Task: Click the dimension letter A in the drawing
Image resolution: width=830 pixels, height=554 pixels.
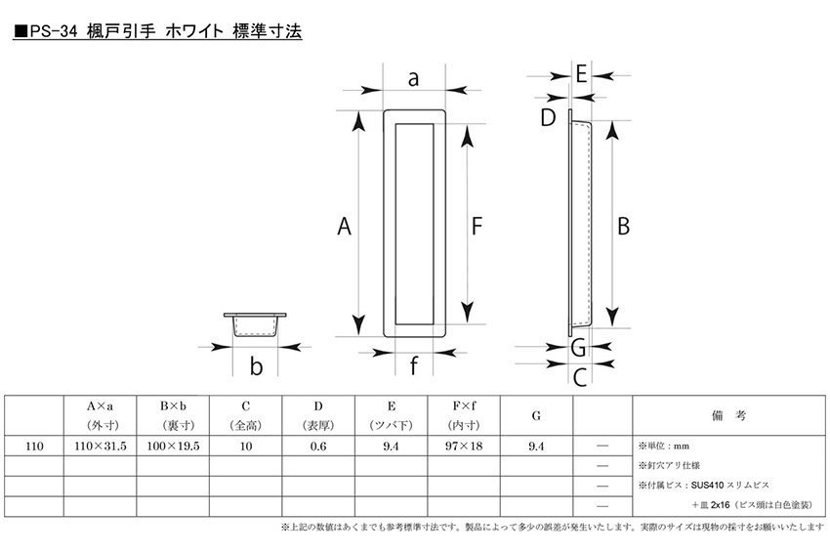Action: pyautogui.click(x=344, y=226)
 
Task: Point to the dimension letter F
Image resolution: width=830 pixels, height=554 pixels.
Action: pyautogui.click(x=477, y=226)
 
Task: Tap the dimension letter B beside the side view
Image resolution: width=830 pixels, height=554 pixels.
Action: pyautogui.click(x=624, y=226)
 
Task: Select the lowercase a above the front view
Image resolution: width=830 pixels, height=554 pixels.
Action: pyautogui.click(x=413, y=79)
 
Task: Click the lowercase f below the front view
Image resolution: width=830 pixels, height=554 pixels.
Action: pyautogui.click(x=413, y=364)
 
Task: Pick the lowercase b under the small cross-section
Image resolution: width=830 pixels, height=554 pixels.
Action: pyautogui.click(x=256, y=366)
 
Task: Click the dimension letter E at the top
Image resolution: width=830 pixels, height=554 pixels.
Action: pyautogui.click(x=581, y=73)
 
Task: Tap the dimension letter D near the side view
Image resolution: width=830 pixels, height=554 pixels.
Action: pyautogui.click(x=548, y=117)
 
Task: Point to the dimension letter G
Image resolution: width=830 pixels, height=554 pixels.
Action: pyautogui.click(x=579, y=348)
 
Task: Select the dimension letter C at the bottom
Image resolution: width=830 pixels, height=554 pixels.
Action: pyautogui.click(x=580, y=377)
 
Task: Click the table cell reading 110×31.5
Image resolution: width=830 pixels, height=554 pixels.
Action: pyautogui.click(x=100, y=447)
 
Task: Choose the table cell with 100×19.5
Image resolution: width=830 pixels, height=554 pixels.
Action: pyautogui.click(x=173, y=447)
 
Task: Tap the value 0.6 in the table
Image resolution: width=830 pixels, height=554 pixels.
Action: pyautogui.click(x=318, y=447)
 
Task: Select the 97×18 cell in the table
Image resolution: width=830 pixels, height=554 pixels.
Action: pyautogui.click(x=464, y=447)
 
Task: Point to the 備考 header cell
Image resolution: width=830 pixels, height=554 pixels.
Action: pyautogui.click(x=728, y=415)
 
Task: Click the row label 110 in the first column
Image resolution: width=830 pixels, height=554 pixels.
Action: pyautogui.click(x=34, y=447)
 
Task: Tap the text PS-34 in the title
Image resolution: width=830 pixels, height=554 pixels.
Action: pyautogui.click(x=54, y=32)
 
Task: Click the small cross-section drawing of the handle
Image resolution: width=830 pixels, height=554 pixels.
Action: pyautogui.click(x=255, y=324)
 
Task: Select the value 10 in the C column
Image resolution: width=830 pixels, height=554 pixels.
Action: pyautogui.click(x=246, y=447)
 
